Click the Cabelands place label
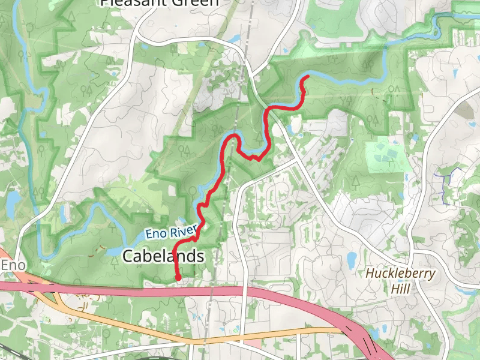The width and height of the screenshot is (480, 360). (163, 256)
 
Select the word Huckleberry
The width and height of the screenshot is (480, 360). (401, 274)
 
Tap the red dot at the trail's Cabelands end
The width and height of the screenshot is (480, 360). (178, 277)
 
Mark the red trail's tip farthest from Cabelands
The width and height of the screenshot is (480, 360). (308, 77)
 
